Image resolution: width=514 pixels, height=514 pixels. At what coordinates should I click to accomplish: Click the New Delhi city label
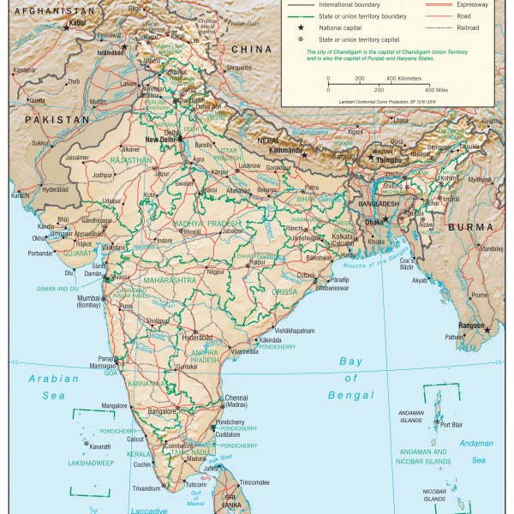pos(160,140)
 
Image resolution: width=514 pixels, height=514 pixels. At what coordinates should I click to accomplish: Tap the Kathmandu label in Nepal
pos(287,151)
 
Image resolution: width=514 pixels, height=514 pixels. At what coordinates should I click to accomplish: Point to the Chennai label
pos(236,398)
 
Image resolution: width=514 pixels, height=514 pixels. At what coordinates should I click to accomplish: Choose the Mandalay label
pos(491,249)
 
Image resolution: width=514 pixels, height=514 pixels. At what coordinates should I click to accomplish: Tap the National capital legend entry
pos(338,27)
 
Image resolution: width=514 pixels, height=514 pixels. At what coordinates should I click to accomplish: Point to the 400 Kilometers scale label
pos(403,78)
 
